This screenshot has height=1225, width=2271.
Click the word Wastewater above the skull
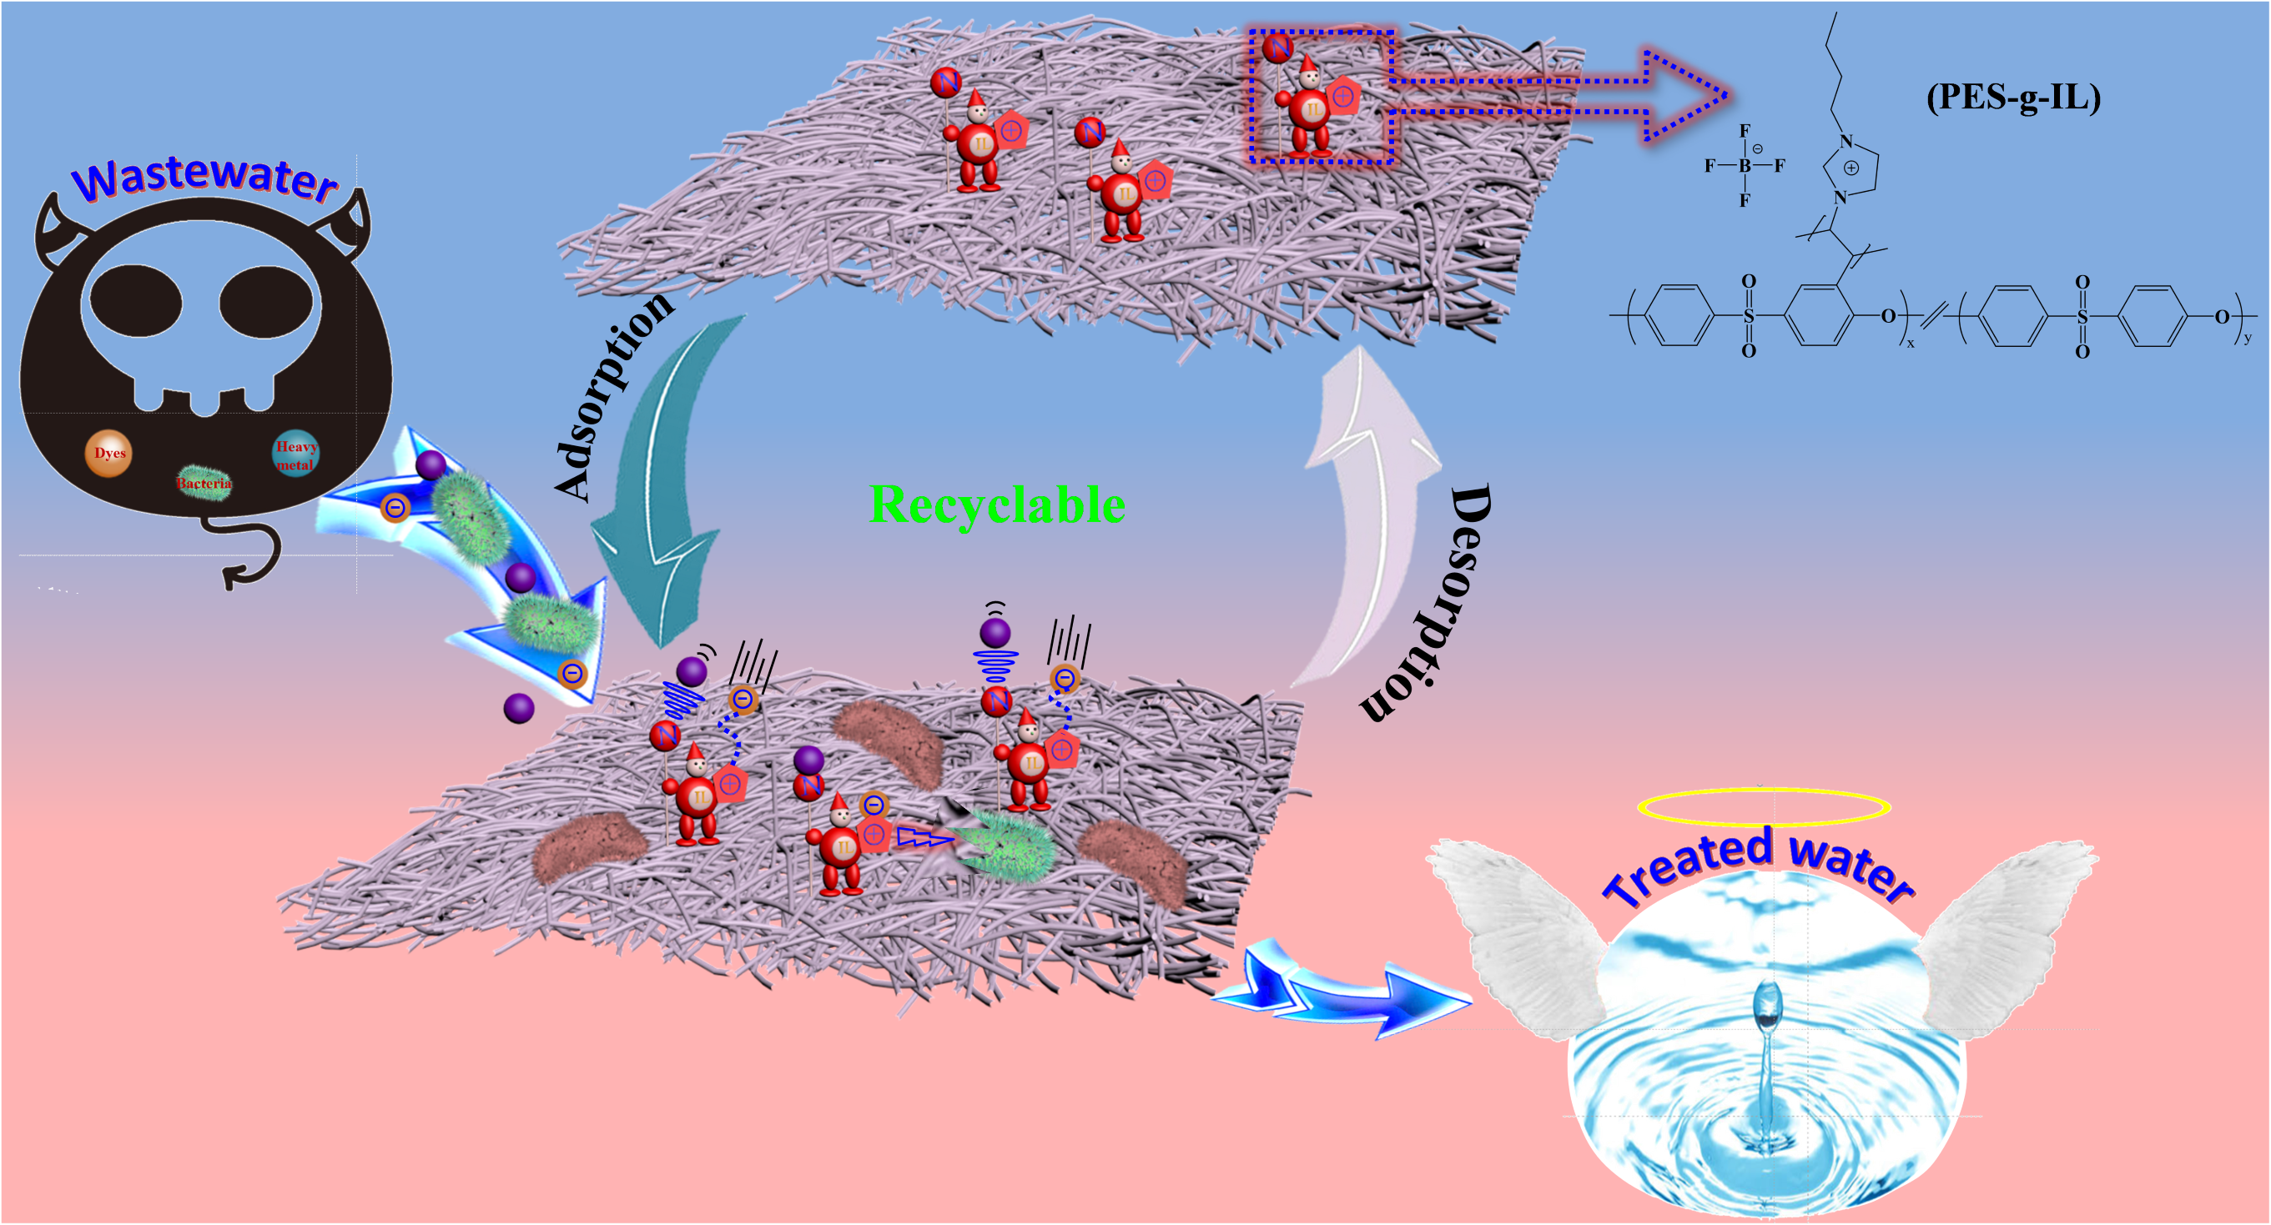pos(205,179)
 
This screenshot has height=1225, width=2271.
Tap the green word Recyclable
pos(997,506)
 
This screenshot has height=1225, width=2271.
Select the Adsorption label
pos(613,397)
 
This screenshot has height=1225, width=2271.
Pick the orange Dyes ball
pos(108,454)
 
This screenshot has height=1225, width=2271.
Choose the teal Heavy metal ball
pos(295,454)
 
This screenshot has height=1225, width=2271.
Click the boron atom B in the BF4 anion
pos(1744,166)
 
